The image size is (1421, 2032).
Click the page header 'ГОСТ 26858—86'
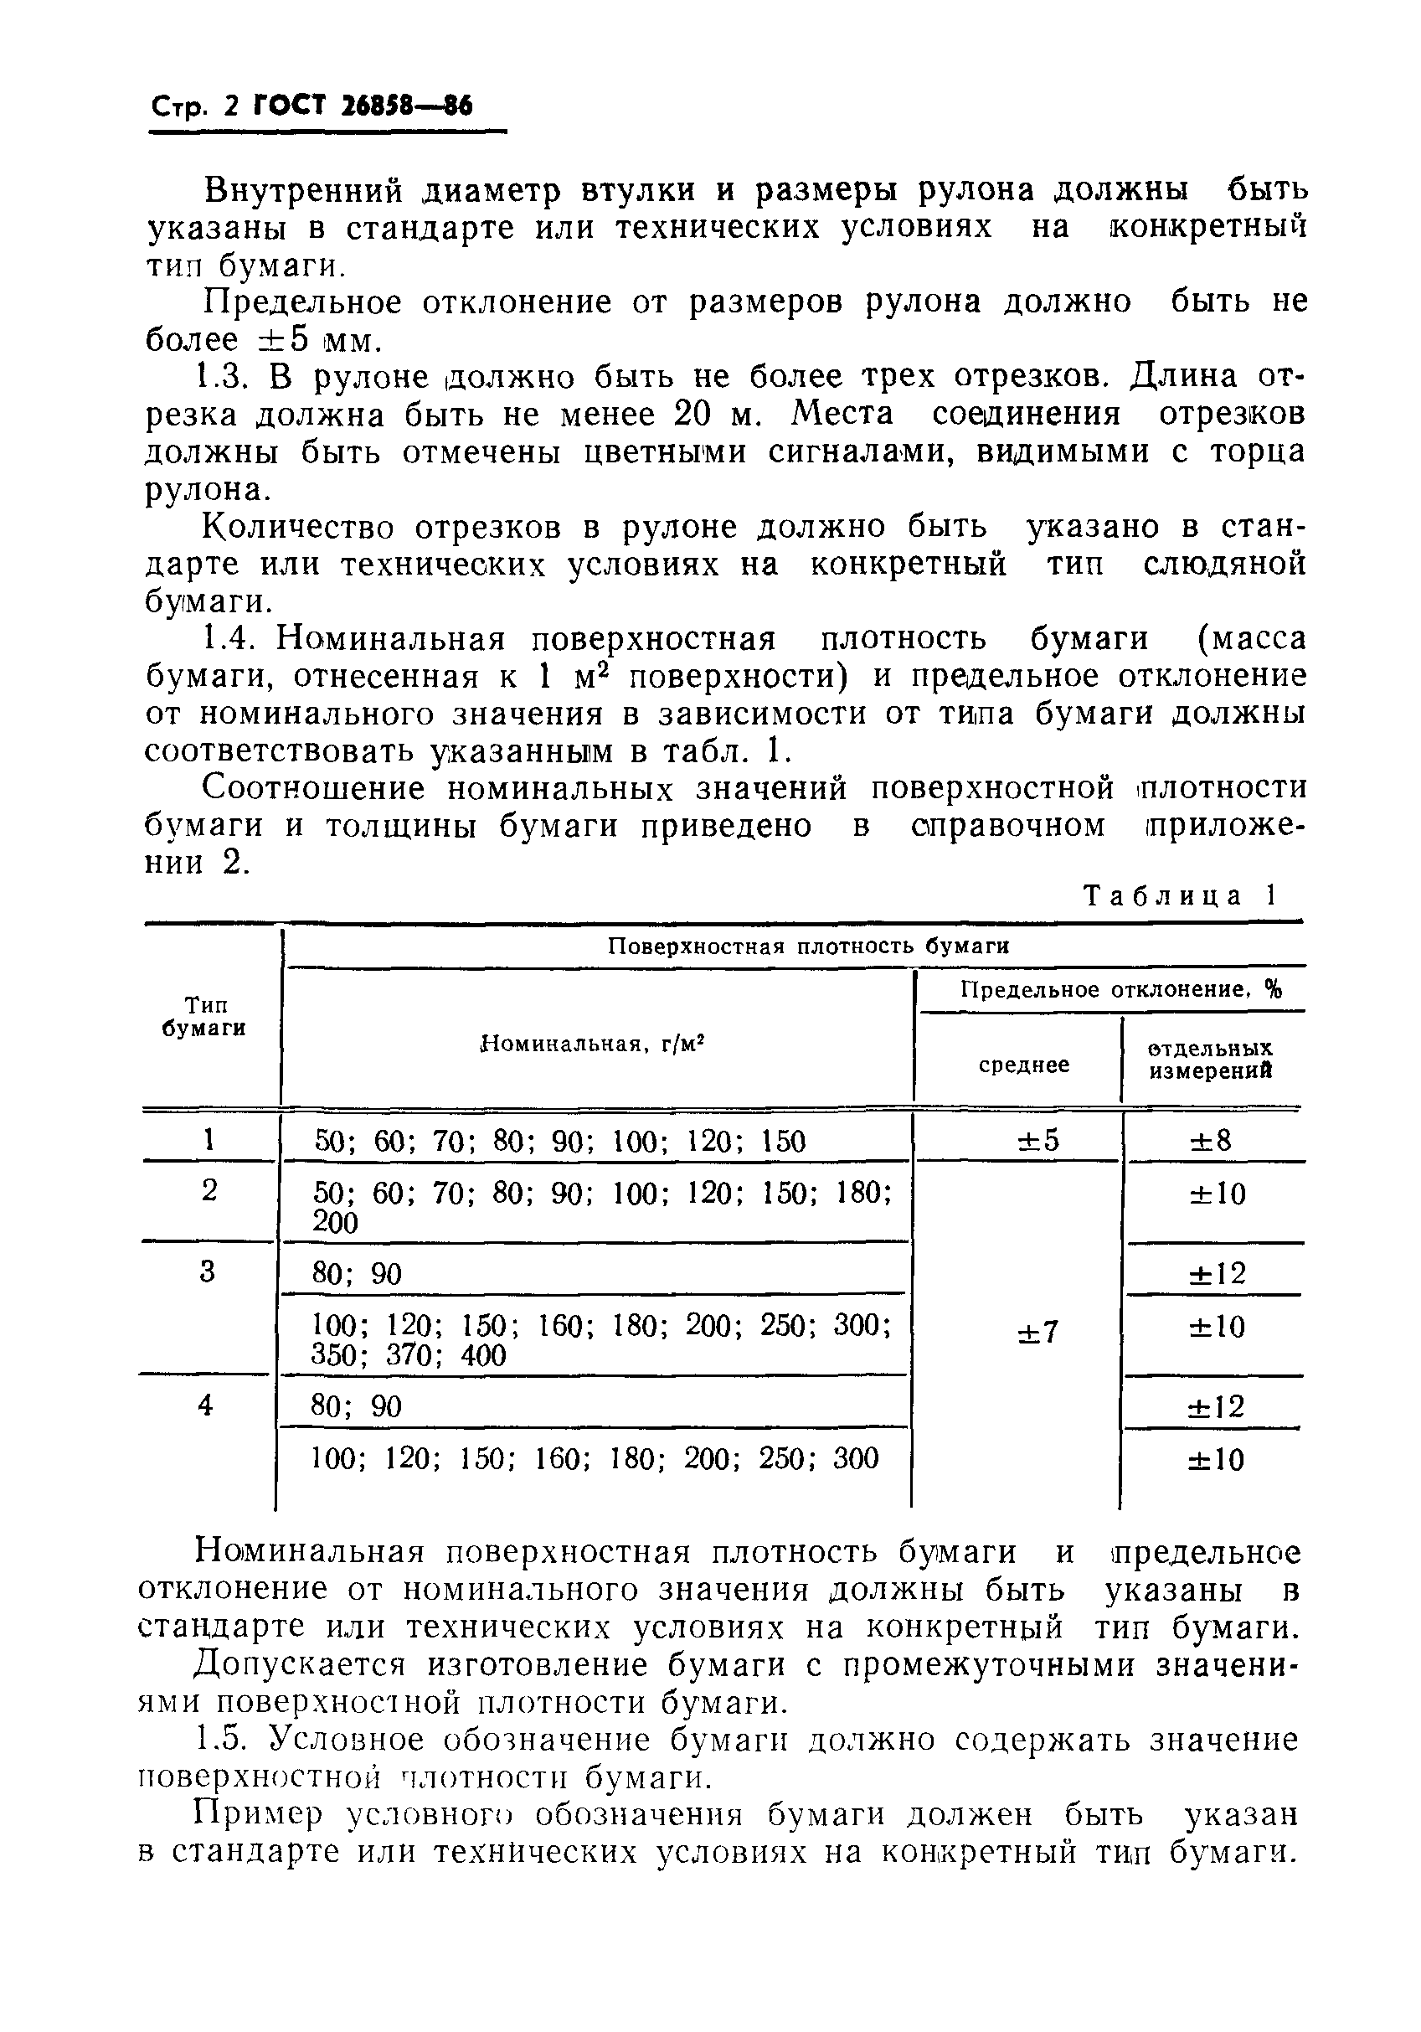click(363, 107)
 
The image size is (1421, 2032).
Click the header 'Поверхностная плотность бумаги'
click(808, 946)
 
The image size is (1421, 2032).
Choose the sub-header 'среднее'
click(1023, 1065)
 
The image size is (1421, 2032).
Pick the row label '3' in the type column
click(207, 1271)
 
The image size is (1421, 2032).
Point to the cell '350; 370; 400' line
click(408, 1356)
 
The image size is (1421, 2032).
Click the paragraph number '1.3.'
click(221, 377)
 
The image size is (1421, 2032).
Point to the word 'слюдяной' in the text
click(1224, 564)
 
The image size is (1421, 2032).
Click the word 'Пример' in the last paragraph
click(255, 1815)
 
